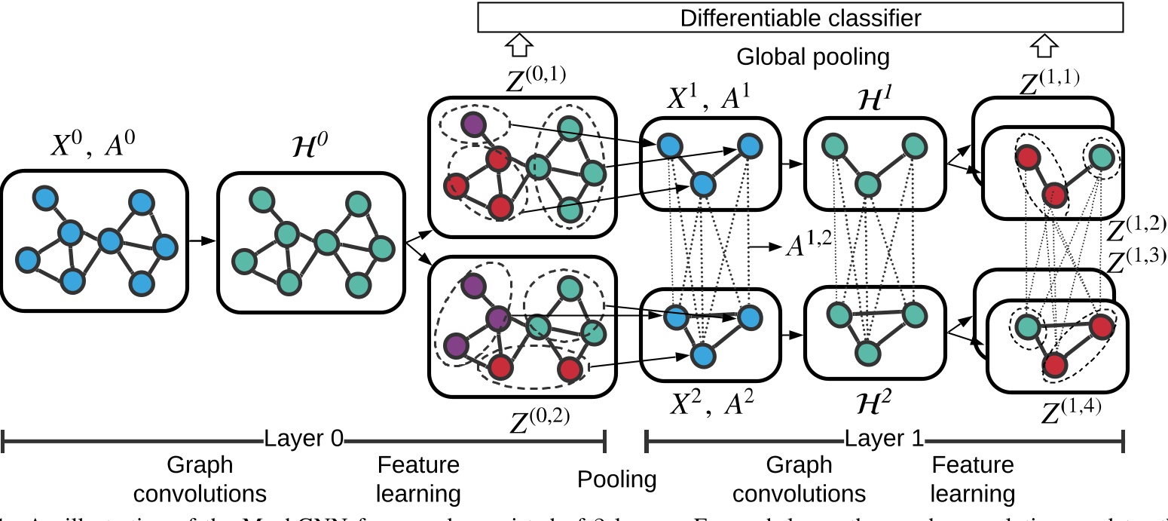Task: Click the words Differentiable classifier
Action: [x=800, y=18]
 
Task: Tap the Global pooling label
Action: [x=813, y=57]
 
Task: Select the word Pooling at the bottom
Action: [x=617, y=479]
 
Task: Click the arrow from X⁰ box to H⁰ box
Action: [x=201, y=241]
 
